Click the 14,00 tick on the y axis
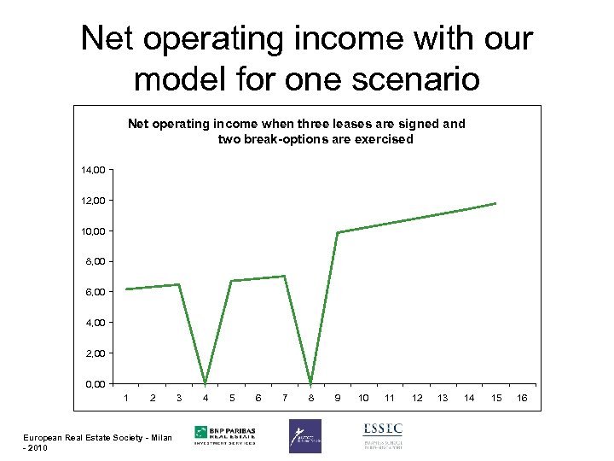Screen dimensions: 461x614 pyautogui.click(x=95, y=170)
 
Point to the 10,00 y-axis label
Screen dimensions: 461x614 pyautogui.click(x=95, y=231)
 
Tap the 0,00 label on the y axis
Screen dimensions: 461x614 pyautogui.click(x=96, y=383)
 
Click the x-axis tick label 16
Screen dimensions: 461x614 pyautogui.click(x=522, y=398)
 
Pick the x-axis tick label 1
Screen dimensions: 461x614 pyautogui.click(x=126, y=398)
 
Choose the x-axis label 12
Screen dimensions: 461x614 pyautogui.click(x=416, y=398)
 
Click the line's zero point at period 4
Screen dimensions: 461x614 pyautogui.click(x=206, y=382)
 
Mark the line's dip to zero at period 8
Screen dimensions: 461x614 pyautogui.click(x=311, y=382)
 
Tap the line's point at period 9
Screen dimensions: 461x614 pyautogui.click(x=338, y=232)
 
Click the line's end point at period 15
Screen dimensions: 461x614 pyautogui.click(x=495, y=203)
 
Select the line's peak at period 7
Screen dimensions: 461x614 pyautogui.click(x=285, y=276)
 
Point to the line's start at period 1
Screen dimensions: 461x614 pyautogui.click(x=126, y=289)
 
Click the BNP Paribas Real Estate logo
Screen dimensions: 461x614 pyautogui.click(x=229, y=435)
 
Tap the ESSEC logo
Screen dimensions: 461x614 pyautogui.click(x=382, y=435)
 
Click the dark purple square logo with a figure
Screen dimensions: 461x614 pyautogui.click(x=304, y=435)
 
